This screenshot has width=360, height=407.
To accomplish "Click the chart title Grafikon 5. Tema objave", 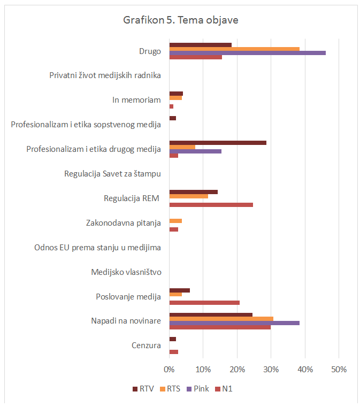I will [180, 20].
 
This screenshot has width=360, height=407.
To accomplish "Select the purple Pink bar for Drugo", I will [247, 53].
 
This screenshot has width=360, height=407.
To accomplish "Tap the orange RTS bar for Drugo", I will [234, 49].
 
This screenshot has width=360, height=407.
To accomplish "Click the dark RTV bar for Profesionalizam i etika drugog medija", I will [218, 143].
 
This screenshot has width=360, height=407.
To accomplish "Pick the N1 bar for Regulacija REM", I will [211, 205].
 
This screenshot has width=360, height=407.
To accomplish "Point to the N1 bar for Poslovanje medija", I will [204, 303].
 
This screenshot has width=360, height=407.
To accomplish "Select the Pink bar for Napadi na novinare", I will [234, 323].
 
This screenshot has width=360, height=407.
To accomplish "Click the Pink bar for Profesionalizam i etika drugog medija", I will [195, 151].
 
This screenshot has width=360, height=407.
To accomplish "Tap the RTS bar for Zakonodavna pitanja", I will [175, 221].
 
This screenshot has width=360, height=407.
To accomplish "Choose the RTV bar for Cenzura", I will [172, 339].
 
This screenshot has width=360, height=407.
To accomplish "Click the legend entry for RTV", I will [142, 389].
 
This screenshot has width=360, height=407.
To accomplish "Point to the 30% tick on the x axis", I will [271, 370].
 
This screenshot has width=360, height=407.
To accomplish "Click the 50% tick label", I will [339, 370].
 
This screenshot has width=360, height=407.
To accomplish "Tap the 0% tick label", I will [169, 370].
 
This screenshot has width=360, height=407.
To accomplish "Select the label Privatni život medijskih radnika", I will [105, 75].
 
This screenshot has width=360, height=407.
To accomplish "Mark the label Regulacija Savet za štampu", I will [112, 174].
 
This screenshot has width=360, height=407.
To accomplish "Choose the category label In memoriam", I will [136, 100].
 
